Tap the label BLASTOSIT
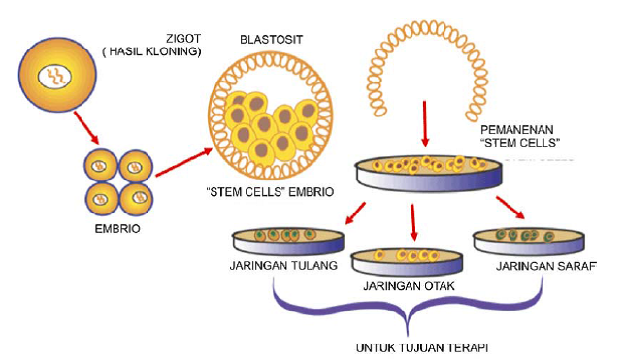[x=273, y=40]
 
